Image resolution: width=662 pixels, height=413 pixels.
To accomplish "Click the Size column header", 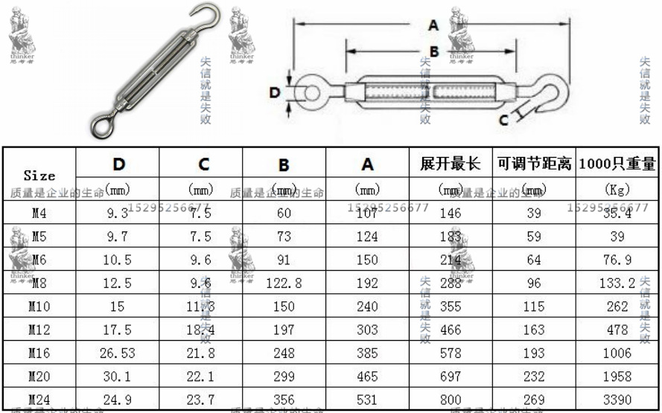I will click(x=39, y=176).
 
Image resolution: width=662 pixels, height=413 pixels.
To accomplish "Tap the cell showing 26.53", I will click(x=118, y=353).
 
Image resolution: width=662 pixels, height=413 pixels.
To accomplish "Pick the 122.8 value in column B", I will click(x=284, y=283).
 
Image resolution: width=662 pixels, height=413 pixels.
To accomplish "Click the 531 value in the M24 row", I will click(x=367, y=400).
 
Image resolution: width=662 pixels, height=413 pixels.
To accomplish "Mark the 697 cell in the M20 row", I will click(x=451, y=377).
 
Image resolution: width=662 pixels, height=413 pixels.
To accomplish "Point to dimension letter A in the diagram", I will click(x=433, y=25).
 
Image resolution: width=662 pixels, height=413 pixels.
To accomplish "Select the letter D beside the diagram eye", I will click(x=275, y=93).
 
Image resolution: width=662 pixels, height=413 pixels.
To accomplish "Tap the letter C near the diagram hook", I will click(x=504, y=119).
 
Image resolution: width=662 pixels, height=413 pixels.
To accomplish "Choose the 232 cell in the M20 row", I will click(x=534, y=377).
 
